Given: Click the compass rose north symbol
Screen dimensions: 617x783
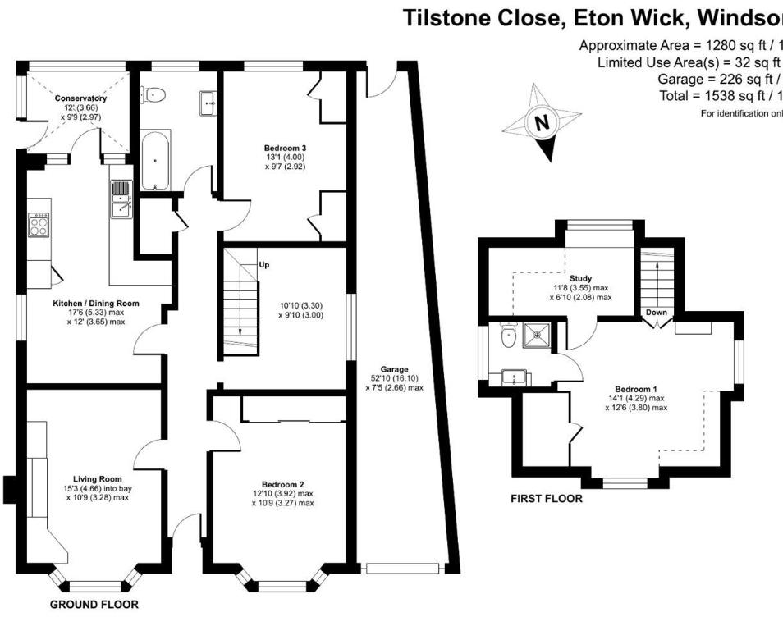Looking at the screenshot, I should pos(541,124).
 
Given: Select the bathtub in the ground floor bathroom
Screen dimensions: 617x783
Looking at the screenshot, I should pos(155,160).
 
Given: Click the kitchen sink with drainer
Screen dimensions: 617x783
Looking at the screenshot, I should pos(121,199).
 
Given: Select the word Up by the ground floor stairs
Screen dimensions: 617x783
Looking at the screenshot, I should pos(263,265).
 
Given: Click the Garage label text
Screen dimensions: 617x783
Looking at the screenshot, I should pos(393,369).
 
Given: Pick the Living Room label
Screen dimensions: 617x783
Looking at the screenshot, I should pos(97,479).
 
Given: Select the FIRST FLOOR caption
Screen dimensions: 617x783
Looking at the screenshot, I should pos(546,498).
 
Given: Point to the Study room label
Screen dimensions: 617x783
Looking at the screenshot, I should pos(580,278).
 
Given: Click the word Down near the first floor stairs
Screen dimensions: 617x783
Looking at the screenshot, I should pos(657,313).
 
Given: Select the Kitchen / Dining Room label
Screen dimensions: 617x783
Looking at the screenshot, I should pos(96,303).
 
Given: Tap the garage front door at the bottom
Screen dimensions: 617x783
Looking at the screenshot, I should pos(404,568).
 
